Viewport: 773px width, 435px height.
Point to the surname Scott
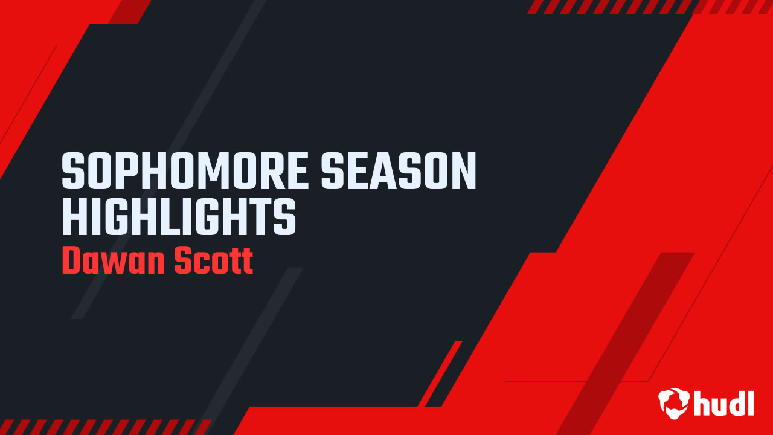tap(213, 261)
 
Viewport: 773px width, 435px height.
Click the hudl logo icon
tap(674, 402)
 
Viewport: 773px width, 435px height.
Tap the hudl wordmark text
tap(724, 403)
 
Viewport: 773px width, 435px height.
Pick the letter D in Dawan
tap(72, 261)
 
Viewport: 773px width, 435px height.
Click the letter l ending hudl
tap(751, 402)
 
